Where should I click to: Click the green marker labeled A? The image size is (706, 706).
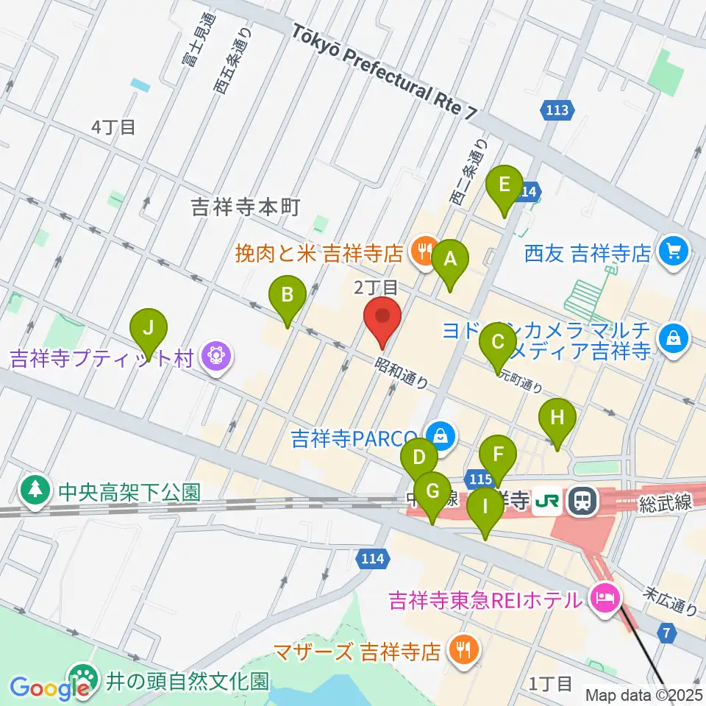(449, 259)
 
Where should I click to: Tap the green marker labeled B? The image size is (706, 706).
(287, 296)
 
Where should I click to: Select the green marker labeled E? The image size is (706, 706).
(504, 184)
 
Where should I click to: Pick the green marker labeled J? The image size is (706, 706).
(148, 327)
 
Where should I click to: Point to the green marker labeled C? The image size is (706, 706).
(497, 342)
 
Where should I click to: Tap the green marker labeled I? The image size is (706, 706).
(485, 507)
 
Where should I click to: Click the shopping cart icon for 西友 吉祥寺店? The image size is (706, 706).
(672, 253)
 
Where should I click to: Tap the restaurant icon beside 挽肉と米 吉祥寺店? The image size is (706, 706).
(423, 253)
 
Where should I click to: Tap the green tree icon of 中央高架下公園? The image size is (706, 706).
(35, 491)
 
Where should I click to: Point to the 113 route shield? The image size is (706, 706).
(557, 111)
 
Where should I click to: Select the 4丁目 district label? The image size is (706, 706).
(113, 127)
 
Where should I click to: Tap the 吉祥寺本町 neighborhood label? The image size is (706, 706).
(246, 208)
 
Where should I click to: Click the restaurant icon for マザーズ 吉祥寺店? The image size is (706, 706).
(463, 649)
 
